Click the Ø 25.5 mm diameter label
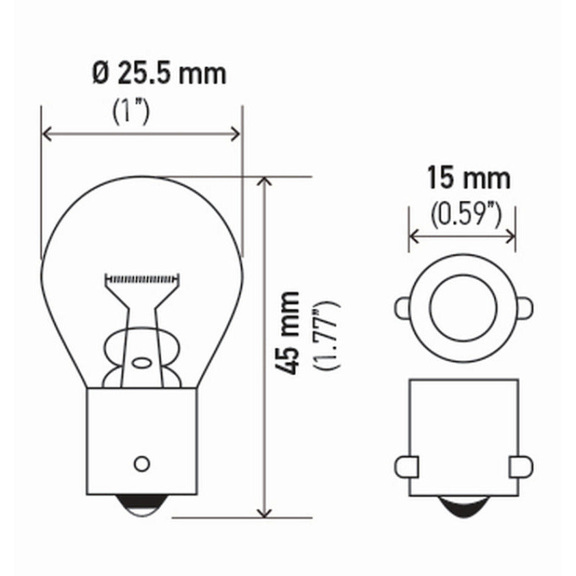[x=159, y=73]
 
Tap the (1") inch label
[x=131, y=111]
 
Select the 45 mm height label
[x=291, y=333]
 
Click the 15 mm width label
[x=469, y=178]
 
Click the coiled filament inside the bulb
[x=142, y=278]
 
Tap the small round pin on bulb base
[x=141, y=464]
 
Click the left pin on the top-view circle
[x=402, y=307]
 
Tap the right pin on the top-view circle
[x=524, y=307]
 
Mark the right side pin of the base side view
[x=521, y=467]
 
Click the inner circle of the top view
[x=463, y=307]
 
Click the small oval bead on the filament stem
[x=142, y=363]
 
